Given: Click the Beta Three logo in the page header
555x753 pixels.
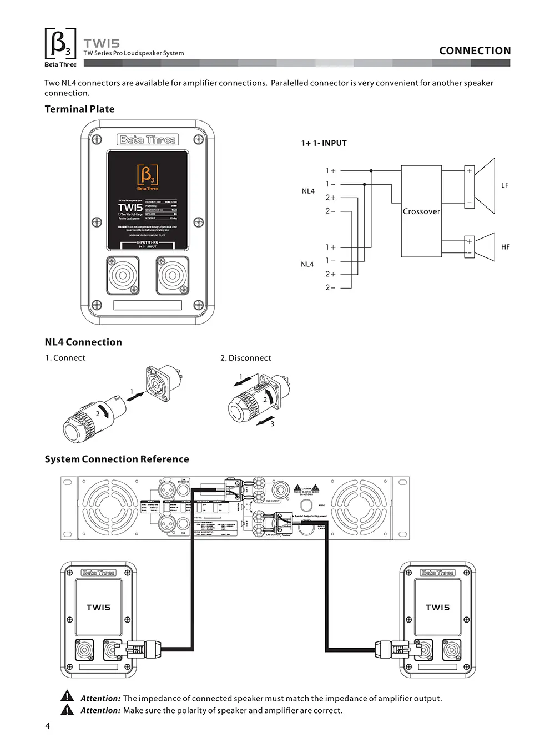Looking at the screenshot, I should (60, 47).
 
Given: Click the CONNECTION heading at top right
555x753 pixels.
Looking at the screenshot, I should (475, 51).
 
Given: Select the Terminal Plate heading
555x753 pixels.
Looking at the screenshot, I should (79, 109).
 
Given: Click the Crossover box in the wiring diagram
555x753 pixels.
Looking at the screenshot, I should (421, 211).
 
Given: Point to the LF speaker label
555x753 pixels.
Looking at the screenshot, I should (504, 185).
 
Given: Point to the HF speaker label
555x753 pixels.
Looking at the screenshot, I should (505, 247).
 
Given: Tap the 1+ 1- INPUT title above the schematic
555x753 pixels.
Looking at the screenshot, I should (324, 143).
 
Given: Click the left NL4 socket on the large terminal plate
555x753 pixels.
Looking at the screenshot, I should (123, 275).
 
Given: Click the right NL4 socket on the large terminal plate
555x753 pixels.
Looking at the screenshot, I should (172, 275).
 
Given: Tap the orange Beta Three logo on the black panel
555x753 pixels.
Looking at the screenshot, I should (148, 177).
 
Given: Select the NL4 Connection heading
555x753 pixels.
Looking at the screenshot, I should (83, 342).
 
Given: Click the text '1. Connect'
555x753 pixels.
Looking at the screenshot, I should (65, 358).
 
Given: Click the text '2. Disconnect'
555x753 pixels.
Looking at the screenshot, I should (245, 358).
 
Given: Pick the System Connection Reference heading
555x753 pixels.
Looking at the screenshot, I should (117, 459).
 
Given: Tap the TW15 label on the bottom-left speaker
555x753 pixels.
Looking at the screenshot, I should (98, 608).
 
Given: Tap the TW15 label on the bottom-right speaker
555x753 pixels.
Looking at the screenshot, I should (437, 608).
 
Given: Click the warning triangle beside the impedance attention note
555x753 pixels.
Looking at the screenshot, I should (67, 696).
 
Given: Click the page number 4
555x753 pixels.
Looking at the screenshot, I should (47, 726).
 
